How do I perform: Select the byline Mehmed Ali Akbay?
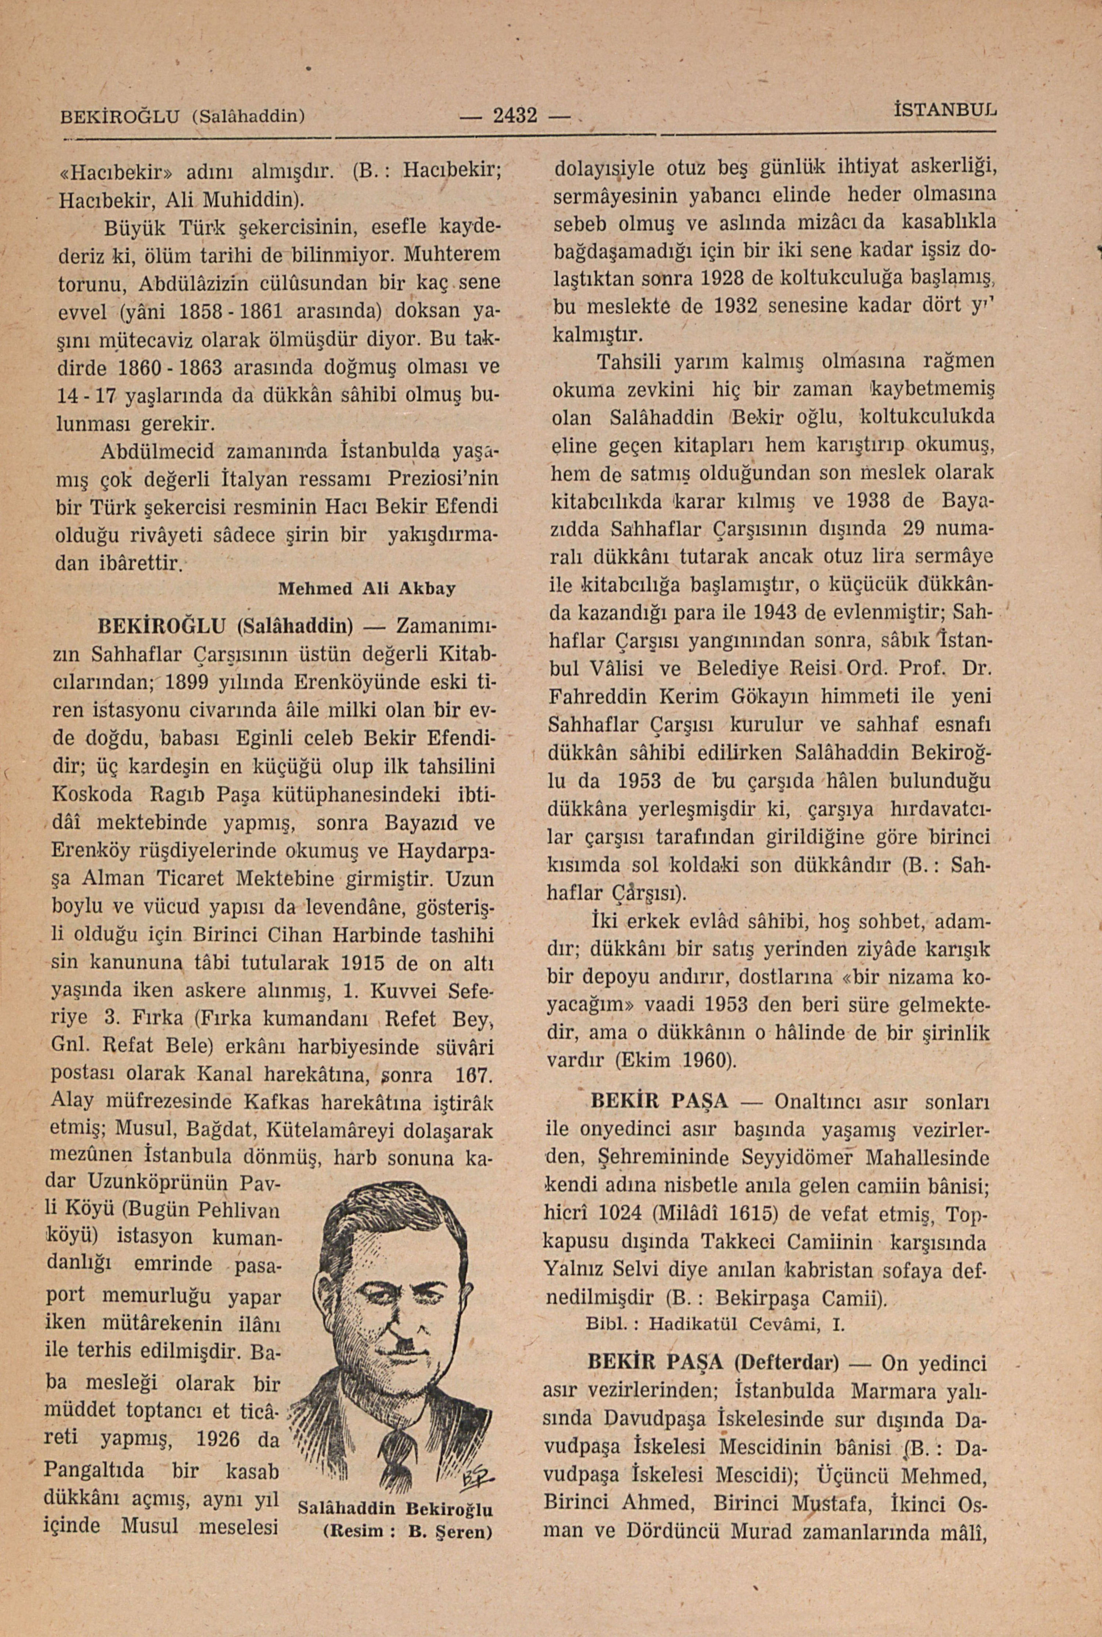[367, 588]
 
